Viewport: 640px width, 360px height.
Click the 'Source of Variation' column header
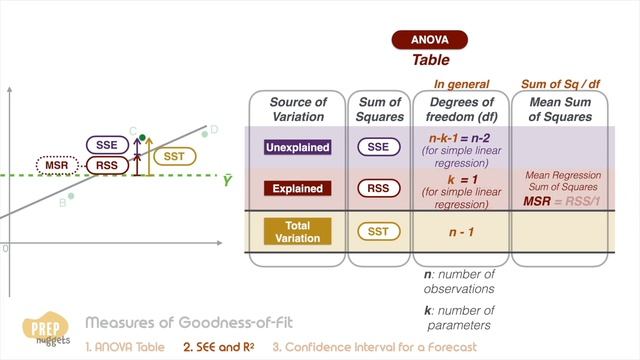(298, 109)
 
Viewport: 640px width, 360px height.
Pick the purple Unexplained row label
(297, 147)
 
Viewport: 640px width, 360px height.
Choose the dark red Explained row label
(297, 188)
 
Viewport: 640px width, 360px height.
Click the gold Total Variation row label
(297, 231)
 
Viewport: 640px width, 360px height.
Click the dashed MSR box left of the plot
(58, 165)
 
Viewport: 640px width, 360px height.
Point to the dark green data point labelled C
(143, 136)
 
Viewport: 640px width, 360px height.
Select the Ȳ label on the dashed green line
(228, 180)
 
